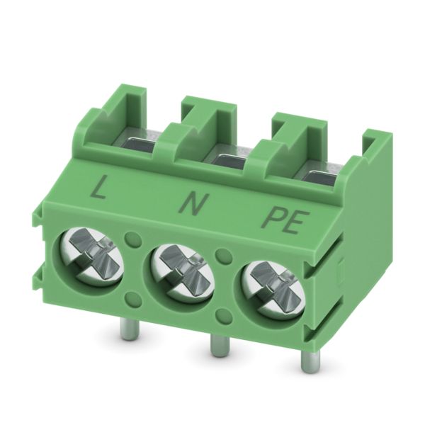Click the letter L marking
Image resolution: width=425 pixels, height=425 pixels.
pos(98,187)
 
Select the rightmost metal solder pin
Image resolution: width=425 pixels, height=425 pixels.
pos(307,365)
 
